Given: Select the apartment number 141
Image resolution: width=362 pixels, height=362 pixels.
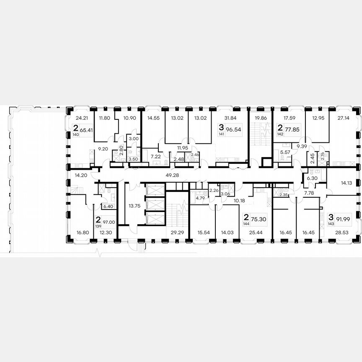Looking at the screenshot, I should (222, 135).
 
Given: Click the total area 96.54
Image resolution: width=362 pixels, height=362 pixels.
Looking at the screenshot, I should (234, 130).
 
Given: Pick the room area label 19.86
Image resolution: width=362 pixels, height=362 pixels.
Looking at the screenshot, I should (261, 118).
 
